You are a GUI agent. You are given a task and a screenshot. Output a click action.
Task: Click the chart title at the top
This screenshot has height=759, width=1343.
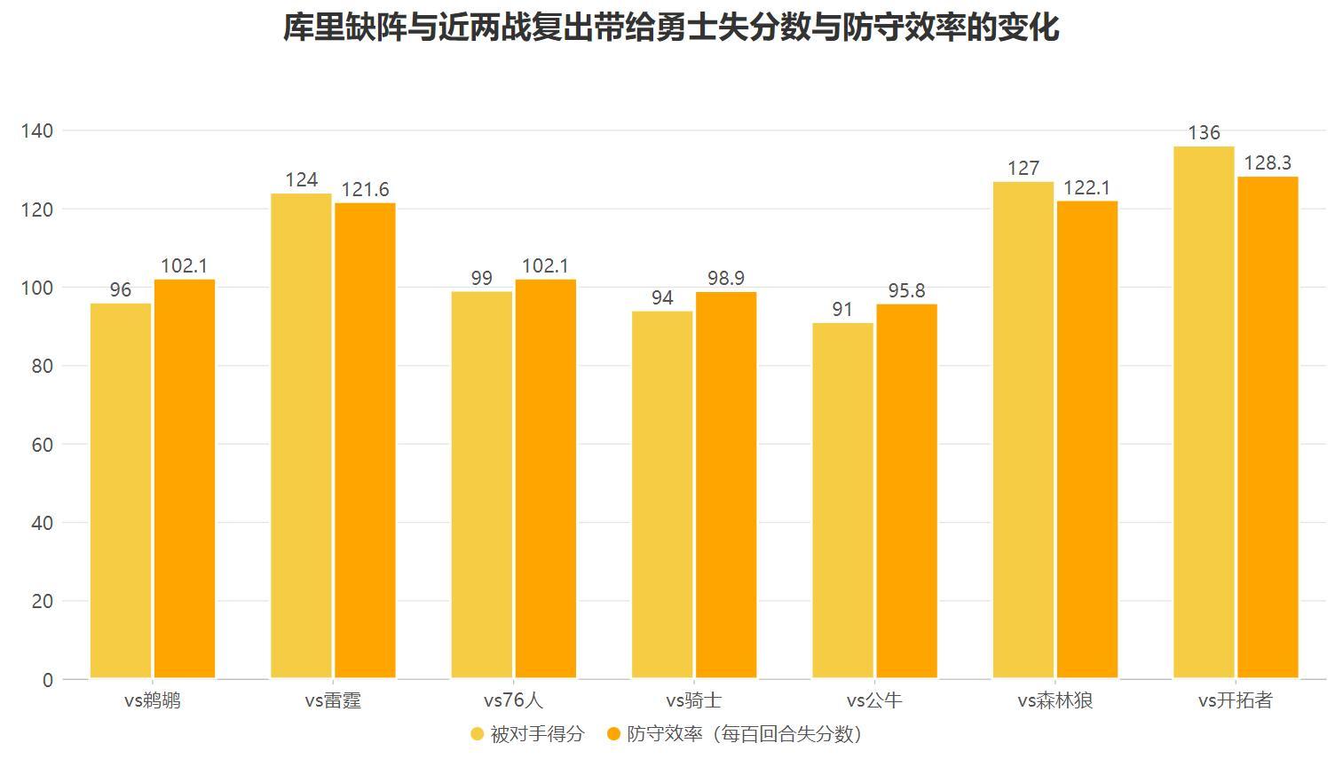[671, 27]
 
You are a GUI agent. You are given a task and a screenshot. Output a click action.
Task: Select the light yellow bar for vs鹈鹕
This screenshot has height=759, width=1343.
[121, 491]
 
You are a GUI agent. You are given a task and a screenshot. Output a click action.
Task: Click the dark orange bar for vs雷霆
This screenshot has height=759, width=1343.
[365, 441]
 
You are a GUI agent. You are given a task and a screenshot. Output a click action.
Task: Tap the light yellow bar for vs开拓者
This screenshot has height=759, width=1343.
[1204, 413]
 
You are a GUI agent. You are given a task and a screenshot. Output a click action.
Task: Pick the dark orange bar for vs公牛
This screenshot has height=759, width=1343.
[906, 492]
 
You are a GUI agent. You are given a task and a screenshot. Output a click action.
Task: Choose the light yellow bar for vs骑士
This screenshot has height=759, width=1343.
[662, 494]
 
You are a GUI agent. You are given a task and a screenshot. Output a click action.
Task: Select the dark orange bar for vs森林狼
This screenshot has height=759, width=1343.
[1086, 440]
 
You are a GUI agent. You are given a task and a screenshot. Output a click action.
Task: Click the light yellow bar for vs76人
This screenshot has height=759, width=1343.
[481, 485]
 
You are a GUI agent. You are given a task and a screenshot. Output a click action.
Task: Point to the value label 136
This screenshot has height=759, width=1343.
[1204, 133]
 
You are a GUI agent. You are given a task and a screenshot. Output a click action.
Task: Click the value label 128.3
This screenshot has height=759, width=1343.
[1268, 163]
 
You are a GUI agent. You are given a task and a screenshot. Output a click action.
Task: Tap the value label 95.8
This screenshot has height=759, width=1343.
[906, 291]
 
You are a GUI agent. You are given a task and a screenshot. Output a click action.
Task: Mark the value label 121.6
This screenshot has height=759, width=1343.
[365, 190]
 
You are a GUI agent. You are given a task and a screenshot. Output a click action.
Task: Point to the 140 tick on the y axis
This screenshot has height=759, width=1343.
[37, 131]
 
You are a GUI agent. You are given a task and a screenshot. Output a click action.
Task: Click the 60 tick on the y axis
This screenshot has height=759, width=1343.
[42, 445]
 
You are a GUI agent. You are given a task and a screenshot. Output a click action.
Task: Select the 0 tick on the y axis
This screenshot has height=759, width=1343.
[47, 680]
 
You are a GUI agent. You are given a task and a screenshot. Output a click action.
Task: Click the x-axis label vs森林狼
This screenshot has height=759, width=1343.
[1055, 701]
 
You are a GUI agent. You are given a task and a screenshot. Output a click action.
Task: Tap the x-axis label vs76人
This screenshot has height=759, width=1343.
[513, 701]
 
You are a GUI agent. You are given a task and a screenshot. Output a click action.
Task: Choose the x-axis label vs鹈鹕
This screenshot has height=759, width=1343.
[152, 701]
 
